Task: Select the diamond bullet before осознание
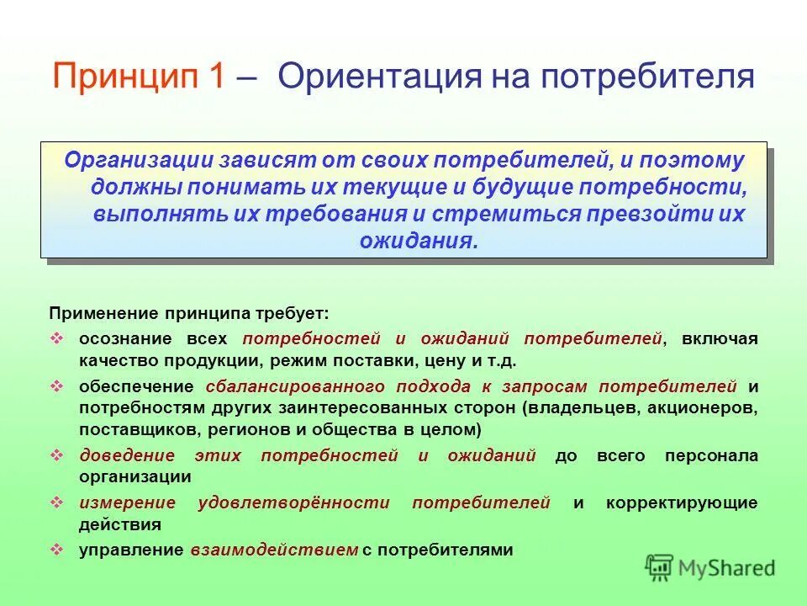57,338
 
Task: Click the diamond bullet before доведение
57,455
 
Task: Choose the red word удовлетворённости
293,502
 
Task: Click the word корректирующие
682,502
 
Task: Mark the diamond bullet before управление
57,550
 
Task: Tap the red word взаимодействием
274,550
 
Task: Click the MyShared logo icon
660,568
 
